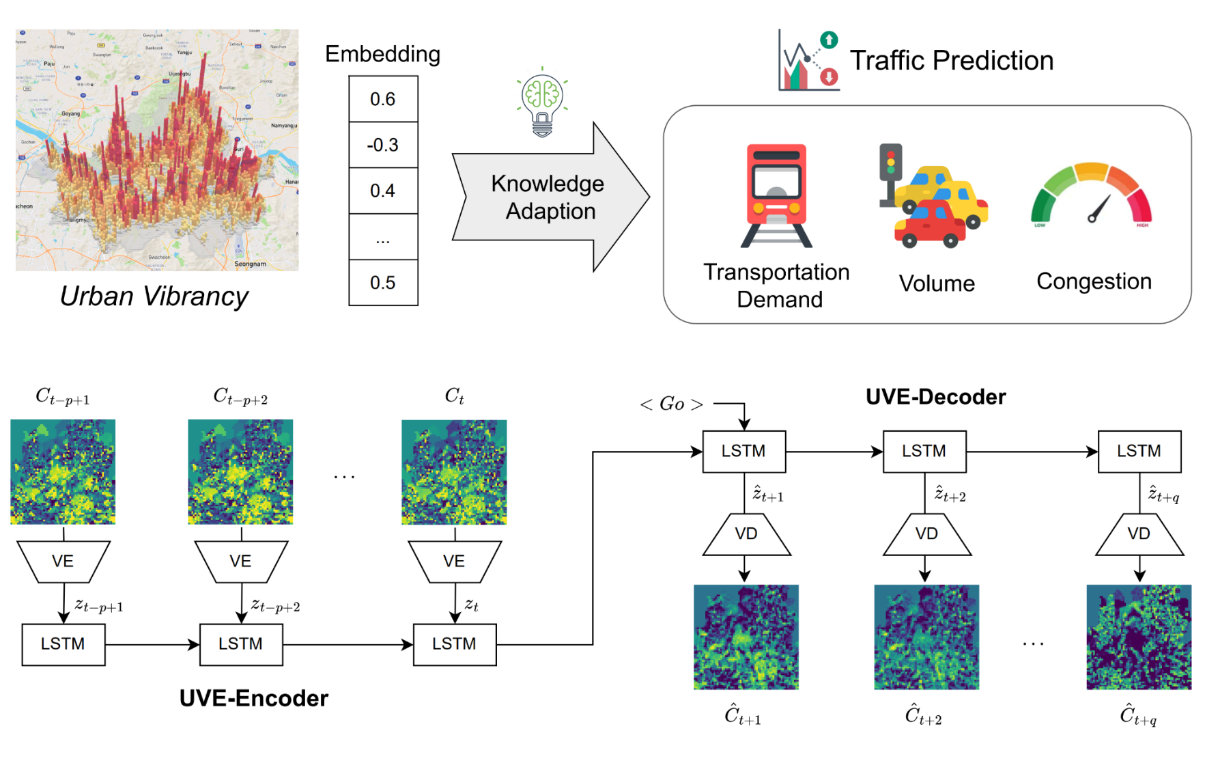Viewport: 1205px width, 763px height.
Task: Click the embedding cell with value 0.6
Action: click(383, 99)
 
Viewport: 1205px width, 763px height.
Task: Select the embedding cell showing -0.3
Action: click(383, 145)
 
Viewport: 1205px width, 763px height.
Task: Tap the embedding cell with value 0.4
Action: click(383, 191)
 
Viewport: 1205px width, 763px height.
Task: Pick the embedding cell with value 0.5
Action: click(383, 283)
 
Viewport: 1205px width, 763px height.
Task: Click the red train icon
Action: click(776, 195)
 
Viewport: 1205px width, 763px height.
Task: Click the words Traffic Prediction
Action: click(951, 61)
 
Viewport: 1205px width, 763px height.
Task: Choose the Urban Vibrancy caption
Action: click(154, 296)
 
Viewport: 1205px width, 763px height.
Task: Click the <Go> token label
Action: click(672, 404)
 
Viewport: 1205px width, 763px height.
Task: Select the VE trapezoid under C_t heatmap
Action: click(454, 561)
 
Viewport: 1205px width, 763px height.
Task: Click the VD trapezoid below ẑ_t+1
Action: click(746, 534)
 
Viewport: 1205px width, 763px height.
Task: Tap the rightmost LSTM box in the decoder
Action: click(1139, 452)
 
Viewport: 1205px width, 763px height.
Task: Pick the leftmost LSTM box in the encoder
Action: click(63, 644)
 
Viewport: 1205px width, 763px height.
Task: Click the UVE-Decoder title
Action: click(935, 397)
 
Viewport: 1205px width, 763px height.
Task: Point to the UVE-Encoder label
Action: click(254, 698)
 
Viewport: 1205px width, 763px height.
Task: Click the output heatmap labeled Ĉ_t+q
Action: click(1139, 637)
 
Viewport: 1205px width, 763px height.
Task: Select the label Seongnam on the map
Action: click(251, 264)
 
